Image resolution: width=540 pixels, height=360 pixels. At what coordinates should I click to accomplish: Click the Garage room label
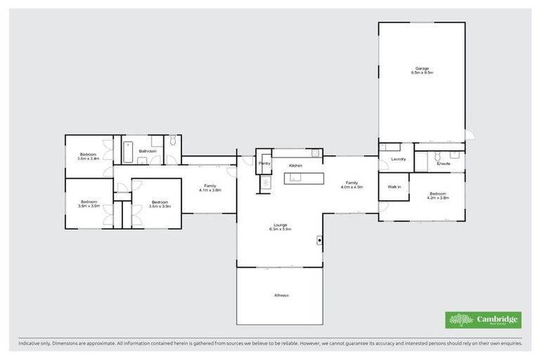(x=421, y=68)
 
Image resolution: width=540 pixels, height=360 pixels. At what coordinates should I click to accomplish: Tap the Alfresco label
(x=281, y=295)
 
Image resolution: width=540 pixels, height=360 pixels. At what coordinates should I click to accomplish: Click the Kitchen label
(x=295, y=165)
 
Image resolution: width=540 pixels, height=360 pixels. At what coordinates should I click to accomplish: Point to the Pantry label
(x=264, y=163)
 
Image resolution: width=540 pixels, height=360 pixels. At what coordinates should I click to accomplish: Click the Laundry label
(x=398, y=159)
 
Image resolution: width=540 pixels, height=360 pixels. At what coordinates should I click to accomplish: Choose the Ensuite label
(x=443, y=164)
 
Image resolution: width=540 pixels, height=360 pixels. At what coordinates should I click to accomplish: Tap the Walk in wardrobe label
(x=394, y=187)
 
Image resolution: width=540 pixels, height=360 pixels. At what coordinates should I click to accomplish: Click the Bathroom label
(x=147, y=151)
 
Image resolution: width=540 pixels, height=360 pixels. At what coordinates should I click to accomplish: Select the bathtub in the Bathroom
(x=129, y=152)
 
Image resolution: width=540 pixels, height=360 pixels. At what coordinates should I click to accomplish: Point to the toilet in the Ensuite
(x=437, y=155)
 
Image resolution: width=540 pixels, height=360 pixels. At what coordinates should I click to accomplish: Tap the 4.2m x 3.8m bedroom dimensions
(x=437, y=198)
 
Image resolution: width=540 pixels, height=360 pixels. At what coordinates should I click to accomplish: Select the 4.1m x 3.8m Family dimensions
(x=210, y=190)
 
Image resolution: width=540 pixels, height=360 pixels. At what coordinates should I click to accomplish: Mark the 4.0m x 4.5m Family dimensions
(x=352, y=187)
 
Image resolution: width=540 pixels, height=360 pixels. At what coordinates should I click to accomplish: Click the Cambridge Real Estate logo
(x=483, y=320)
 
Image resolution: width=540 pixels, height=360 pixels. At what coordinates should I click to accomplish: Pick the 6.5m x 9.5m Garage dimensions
(x=421, y=72)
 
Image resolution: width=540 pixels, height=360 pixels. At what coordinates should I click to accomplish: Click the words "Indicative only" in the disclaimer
(x=34, y=345)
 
